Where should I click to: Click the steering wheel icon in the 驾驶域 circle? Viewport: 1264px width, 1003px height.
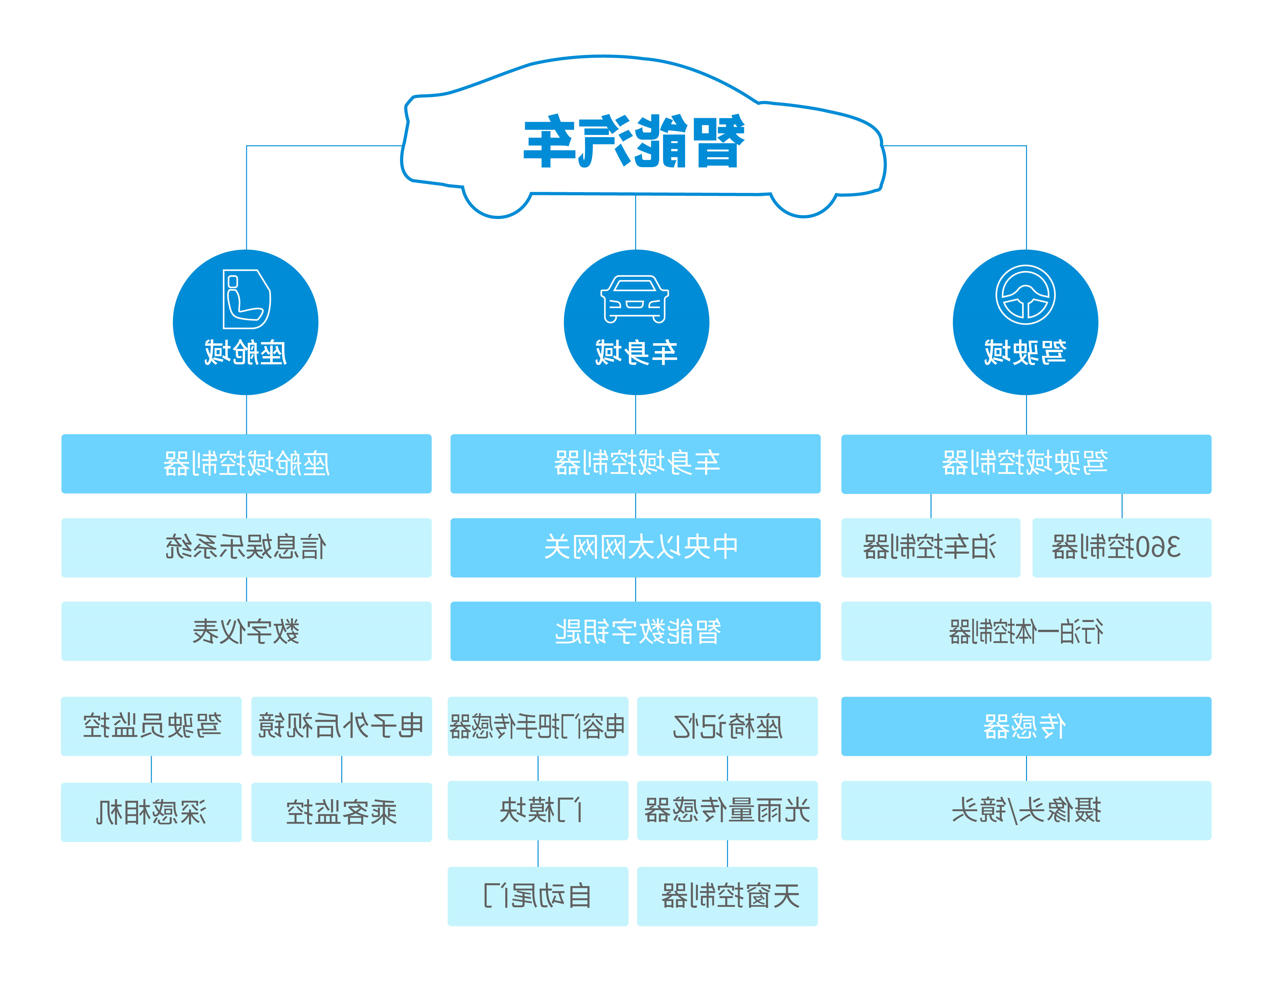tap(1025, 295)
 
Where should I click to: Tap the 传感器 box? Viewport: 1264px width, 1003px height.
tap(1026, 726)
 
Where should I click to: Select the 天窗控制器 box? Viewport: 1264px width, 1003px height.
tap(727, 896)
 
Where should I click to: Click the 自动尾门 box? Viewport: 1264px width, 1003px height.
tap(538, 896)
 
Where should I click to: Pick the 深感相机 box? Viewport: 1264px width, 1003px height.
tap(151, 812)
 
